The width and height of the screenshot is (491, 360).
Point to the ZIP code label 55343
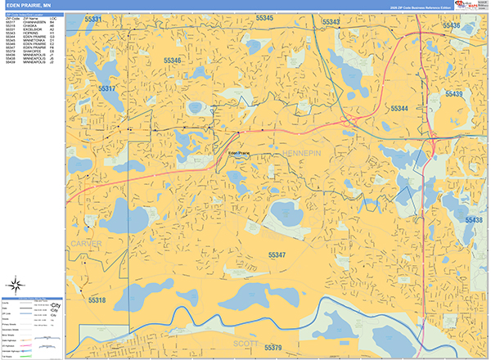[x=331, y=22]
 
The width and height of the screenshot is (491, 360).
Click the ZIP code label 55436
[x=452, y=26]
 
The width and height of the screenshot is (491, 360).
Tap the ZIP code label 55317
[x=106, y=88]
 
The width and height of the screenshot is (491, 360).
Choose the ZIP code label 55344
[x=399, y=108]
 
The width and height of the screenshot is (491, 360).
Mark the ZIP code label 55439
[x=454, y=95]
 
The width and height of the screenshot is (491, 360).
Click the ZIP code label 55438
[x=473, y=220]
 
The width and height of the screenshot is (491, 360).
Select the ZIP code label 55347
[x=277, y=255]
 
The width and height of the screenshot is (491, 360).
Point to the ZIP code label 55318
[x=97, y=301]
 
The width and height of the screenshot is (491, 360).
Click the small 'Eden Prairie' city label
[x=238, y=152]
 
